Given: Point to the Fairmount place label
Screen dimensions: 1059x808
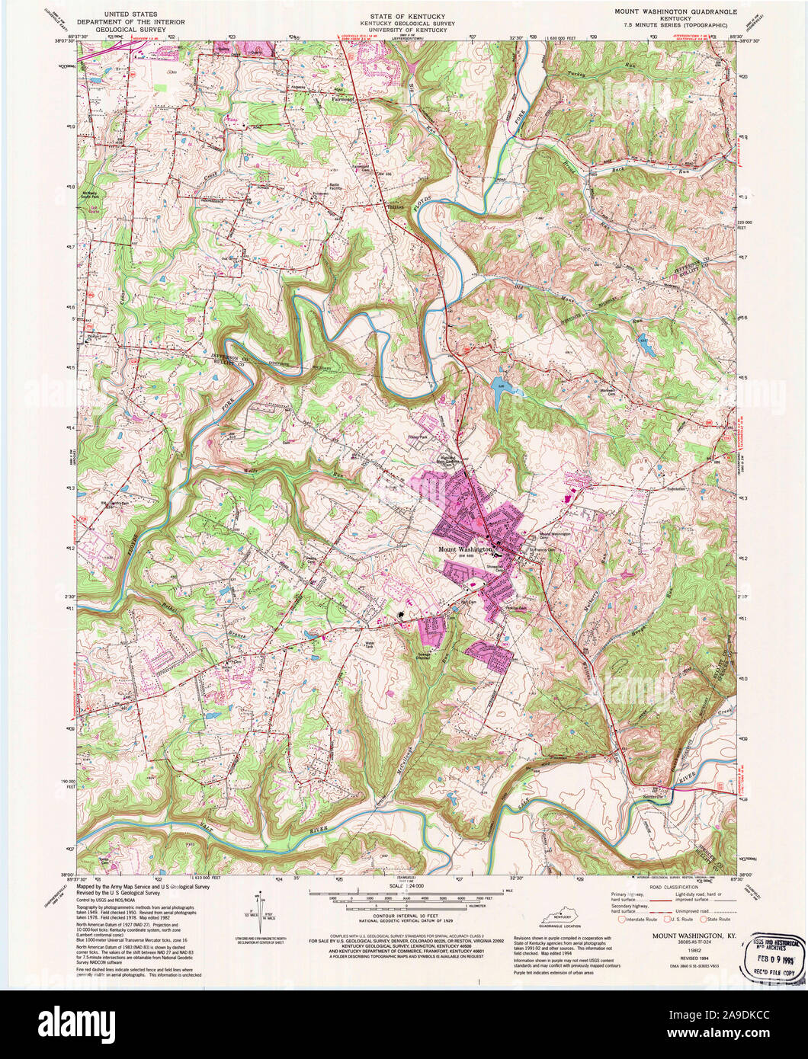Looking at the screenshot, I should coord(345,98).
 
